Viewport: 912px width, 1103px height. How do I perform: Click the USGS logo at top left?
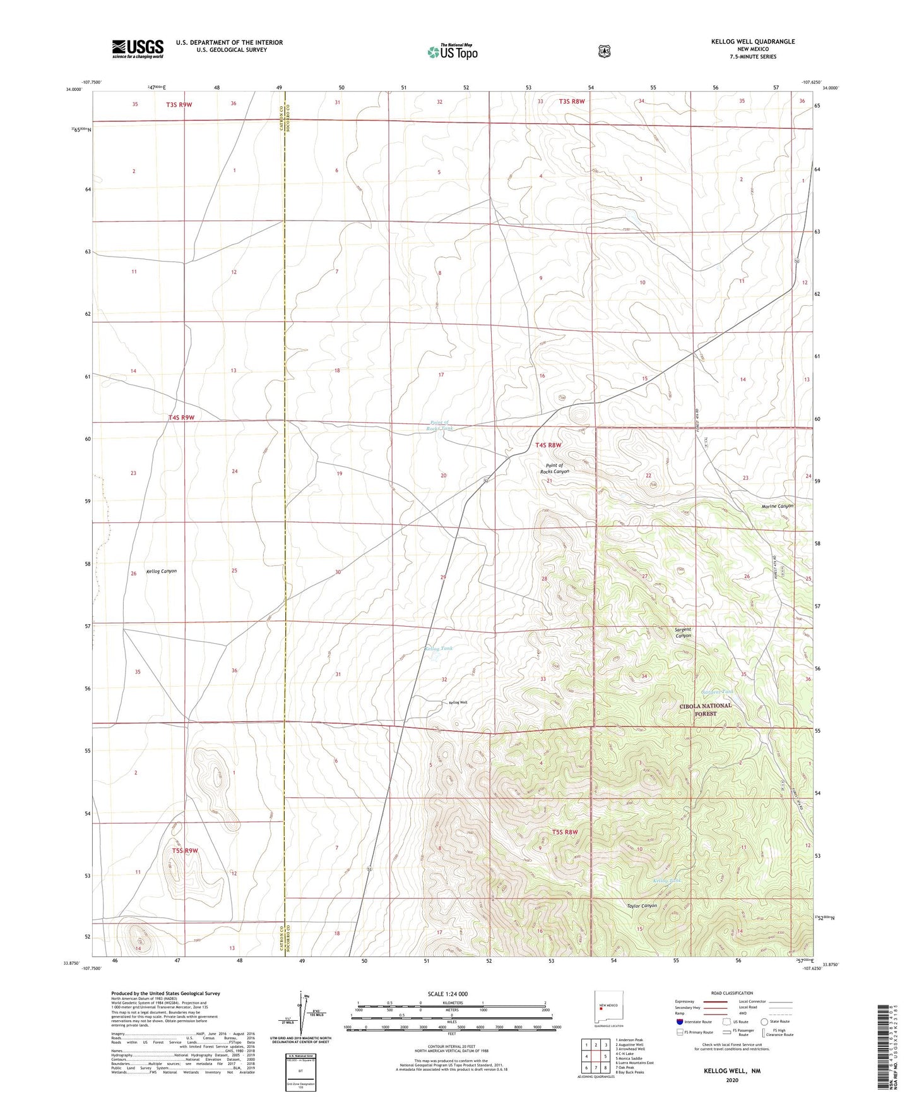[x=138, y=49]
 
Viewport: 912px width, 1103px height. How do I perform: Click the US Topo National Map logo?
[x=452, y=51]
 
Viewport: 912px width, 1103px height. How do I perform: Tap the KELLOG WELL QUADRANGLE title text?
[x=752, y=42]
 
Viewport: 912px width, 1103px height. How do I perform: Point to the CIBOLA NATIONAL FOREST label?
[x=706, y=709]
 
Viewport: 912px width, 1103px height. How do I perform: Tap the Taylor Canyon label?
[x=642, y=906]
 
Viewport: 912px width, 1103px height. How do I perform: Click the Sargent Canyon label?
[x=683, y=632]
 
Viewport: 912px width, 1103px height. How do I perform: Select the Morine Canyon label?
[x=777, y=506]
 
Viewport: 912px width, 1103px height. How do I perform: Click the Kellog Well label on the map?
[x=458, y=702]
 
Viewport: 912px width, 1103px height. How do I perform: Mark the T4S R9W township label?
[x=181, y=418]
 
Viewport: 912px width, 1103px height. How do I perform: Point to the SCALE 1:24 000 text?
[x=447, y=994]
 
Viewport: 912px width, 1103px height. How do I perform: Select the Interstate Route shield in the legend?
[x=679, y=1021]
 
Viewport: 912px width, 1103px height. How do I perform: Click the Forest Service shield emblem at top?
[x=605, y=51]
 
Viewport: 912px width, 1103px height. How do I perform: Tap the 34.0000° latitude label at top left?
[x=73, y=90]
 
